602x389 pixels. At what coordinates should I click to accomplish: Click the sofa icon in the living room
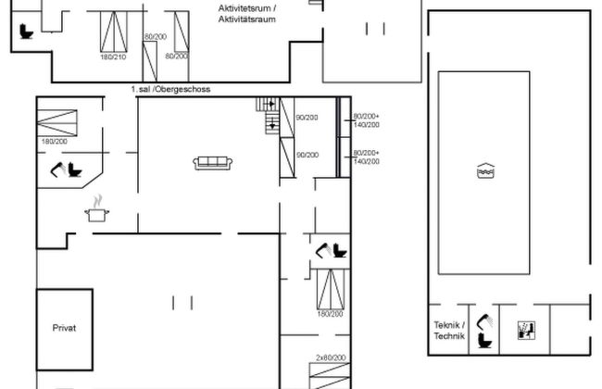pyautogui.click(x=213, y=163)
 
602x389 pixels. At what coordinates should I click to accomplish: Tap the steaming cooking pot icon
pyautogui.click(x=96, y=209)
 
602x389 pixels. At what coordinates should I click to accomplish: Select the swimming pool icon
pyautogui.click(x=485, y=170)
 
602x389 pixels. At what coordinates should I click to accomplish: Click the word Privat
pyautogui.click(x=64, y=328)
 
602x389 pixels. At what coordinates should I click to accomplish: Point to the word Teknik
pyautogui.click(x=446, y=325)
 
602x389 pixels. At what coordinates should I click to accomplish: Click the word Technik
pyautogui.click(x=449, y=336)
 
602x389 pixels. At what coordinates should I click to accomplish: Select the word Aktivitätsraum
pyautogui.click(x=247, y=19)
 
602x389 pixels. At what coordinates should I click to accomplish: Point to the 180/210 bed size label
pyautogui.click(x=113, y=56)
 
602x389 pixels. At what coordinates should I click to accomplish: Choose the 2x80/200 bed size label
pyautogui.click(x=331, y=358)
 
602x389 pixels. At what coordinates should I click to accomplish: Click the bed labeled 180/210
pyautogui.click(x=114, y=31)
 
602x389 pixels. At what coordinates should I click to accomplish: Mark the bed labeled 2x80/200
pyautogui.click(x=330, y=376)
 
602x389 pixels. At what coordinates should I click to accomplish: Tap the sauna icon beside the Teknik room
pyautogui.click(x=526, y=331)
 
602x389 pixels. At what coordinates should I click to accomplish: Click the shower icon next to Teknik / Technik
pyautogui.click(x=485, y=321)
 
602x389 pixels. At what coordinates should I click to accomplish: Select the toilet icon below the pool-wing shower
pyautogui.click(x=485, y=341)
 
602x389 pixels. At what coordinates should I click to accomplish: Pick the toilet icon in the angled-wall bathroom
pyautogui.click(x=75, y=170)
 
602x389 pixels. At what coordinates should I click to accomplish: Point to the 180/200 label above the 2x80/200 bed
pyautogui.click(x=331, y=314)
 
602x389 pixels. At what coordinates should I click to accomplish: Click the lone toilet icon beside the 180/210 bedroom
pyautogui.click(x=27, y=31)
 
